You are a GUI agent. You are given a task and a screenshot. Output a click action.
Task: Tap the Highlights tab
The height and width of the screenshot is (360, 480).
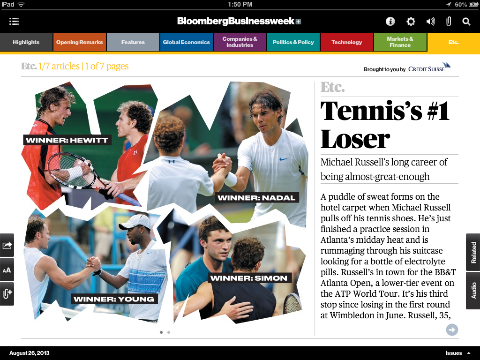[x=26, y=42]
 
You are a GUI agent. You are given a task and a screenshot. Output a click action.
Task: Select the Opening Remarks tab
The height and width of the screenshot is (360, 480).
[x=80, y=42]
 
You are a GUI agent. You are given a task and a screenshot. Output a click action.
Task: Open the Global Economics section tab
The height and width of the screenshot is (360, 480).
[x=186, y=42]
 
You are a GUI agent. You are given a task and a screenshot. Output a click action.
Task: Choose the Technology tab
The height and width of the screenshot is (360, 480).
[x=346, y=42]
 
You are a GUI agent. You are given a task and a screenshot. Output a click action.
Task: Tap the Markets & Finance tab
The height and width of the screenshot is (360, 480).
[x=400, y=42]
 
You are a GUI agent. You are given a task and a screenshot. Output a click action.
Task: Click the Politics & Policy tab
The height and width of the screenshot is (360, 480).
[x=293, y=42]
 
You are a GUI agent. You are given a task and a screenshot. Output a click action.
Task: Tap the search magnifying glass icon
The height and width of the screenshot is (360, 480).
[x=466, y=22]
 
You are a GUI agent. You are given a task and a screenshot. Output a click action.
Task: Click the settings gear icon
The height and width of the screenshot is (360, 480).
[x=411, y=22]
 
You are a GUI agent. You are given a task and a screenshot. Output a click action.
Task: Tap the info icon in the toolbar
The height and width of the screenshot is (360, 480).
[x=390, y=22]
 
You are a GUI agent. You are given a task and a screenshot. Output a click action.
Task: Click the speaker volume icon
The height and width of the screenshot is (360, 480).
[x=430, y=22]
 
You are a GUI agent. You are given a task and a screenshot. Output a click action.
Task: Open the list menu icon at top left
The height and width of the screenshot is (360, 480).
[x=14, y=22]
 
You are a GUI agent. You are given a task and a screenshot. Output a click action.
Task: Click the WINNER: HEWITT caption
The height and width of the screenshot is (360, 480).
[x=67, y=140]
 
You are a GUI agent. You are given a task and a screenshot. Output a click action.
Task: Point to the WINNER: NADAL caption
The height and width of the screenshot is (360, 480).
[x=256, y=198]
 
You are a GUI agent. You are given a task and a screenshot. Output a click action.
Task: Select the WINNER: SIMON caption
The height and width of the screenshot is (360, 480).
[x=248, y=278]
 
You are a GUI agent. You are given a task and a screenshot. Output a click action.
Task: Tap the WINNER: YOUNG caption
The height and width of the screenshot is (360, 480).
[x=113, y=299]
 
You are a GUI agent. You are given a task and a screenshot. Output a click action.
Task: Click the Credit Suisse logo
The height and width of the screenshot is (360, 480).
[x=429, y=68]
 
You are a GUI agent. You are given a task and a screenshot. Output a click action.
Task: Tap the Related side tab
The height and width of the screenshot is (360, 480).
[x=473, y=252]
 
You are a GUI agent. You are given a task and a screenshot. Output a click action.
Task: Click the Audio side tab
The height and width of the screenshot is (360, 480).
[x=473, y=290]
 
